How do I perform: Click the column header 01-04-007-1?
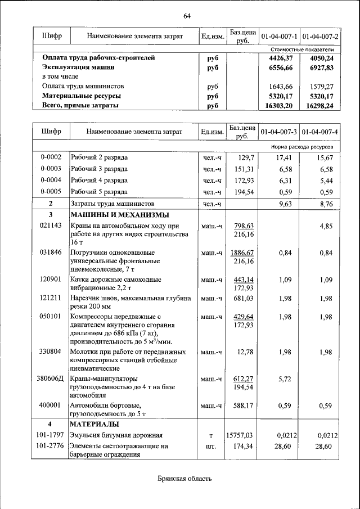(x=279, y=37)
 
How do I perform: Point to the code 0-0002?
(x=51, y=158)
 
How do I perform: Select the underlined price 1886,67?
(x=242, y=253)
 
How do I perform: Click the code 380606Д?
(x=51, y=379)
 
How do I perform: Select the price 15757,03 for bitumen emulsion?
(x=240, y=435)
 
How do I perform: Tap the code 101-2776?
(x=51, y=446)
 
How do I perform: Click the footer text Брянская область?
(x=184, y=479)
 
